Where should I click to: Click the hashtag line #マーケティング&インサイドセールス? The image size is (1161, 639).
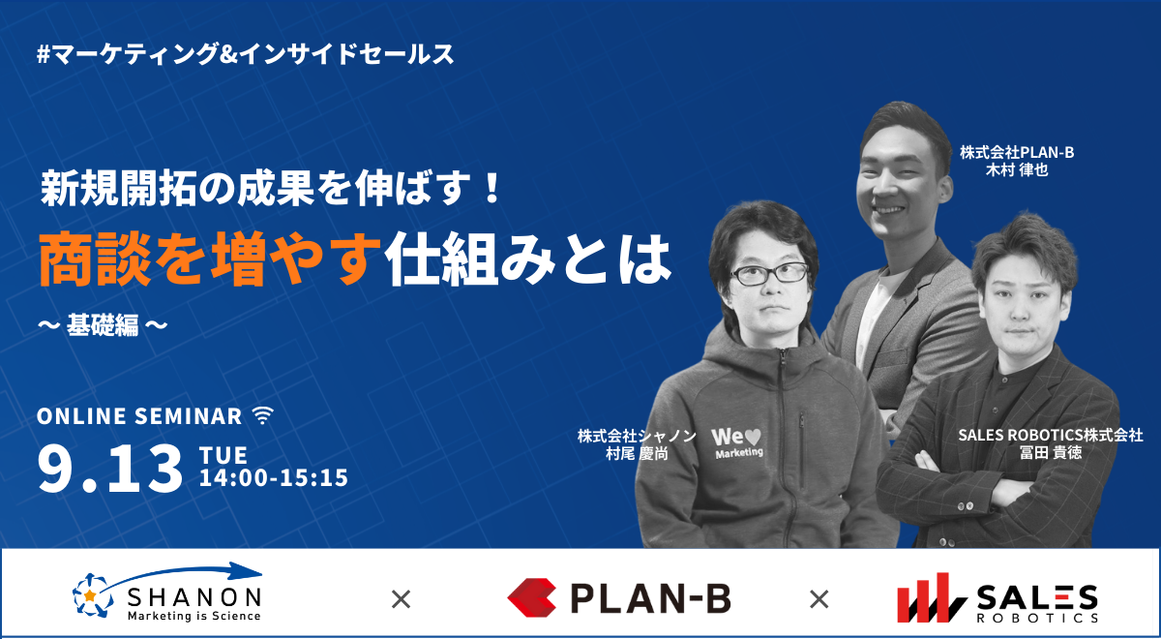pos(246,54)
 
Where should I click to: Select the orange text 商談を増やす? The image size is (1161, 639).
pos(210,259)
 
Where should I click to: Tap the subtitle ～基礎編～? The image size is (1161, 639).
pos(103,325)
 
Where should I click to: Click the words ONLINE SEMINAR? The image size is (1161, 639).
pos(139,416)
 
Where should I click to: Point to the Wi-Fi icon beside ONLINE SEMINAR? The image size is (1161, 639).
pos(263,415)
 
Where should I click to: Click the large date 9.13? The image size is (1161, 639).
pos(110,470)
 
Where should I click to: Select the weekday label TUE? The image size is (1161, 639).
pos(223,455)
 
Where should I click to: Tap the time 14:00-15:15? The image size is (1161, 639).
pos(274,477)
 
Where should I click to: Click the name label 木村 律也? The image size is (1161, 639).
pos(1017,169)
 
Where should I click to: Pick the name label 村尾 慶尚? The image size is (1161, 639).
pos(637,454)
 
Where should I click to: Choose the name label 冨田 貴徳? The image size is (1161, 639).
pos(1051,452)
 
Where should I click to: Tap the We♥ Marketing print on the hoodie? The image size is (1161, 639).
pos(737,443)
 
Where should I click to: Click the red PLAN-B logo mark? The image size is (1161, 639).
pos(532,598)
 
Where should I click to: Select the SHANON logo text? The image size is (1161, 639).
pos(194,598)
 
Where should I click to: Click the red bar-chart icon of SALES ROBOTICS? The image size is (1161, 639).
pos(932,597)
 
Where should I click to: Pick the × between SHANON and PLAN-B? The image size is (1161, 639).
pos(401,599)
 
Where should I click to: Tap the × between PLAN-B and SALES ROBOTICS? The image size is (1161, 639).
pos(819,599)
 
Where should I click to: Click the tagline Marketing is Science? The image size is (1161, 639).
pos(194,616)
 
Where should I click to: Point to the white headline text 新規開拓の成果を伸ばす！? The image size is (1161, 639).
pos(271,188)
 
